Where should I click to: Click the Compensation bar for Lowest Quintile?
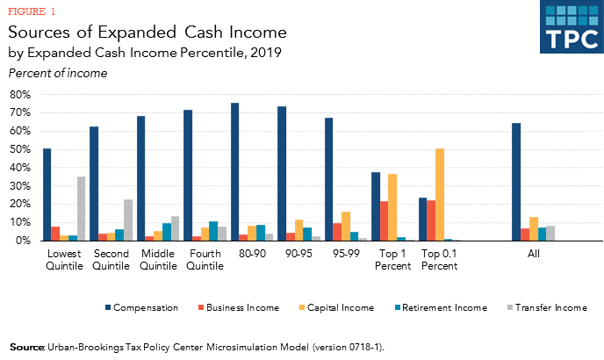click(x=47, y=194)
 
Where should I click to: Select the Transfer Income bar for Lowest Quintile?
click(x=81, y=208)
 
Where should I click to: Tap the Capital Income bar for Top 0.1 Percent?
click(x=439, y=194)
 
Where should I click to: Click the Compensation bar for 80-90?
click(x=235, y=171)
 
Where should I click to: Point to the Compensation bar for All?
click(x=516, y=182)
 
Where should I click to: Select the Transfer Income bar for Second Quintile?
click(x=128, y=220)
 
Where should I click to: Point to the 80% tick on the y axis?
click(x=19, y=94)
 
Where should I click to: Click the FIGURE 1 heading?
click(x=32, y=12)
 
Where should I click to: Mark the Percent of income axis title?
click(x=58, y=73)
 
